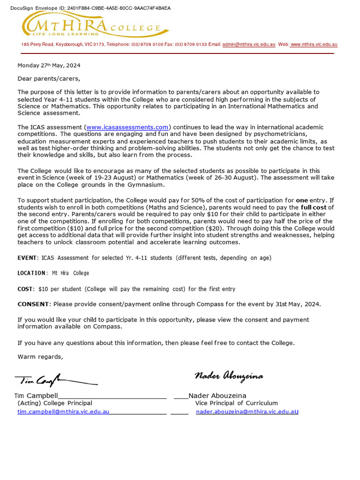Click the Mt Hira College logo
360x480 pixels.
(91, 24)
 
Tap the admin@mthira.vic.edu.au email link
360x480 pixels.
(249, 45)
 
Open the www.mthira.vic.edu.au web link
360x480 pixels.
(314, 45)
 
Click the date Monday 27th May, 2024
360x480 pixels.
(49, 66)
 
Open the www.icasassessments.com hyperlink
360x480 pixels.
(127, 127)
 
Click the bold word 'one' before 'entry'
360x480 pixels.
(302, 200)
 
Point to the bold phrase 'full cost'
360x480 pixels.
(313, 207)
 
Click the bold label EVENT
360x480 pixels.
(27, 258)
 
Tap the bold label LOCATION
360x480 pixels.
(32, 273)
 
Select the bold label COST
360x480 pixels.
(25, 289)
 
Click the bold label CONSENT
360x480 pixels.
(33, 304)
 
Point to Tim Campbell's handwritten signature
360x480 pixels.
(54, 381)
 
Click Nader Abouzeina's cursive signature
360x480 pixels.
(229, 376)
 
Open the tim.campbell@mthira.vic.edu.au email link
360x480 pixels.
(63, 412)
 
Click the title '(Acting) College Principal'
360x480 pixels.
(55, 403)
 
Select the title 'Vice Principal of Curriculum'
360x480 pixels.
(236, 403)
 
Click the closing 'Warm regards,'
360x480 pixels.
(40, 357)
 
